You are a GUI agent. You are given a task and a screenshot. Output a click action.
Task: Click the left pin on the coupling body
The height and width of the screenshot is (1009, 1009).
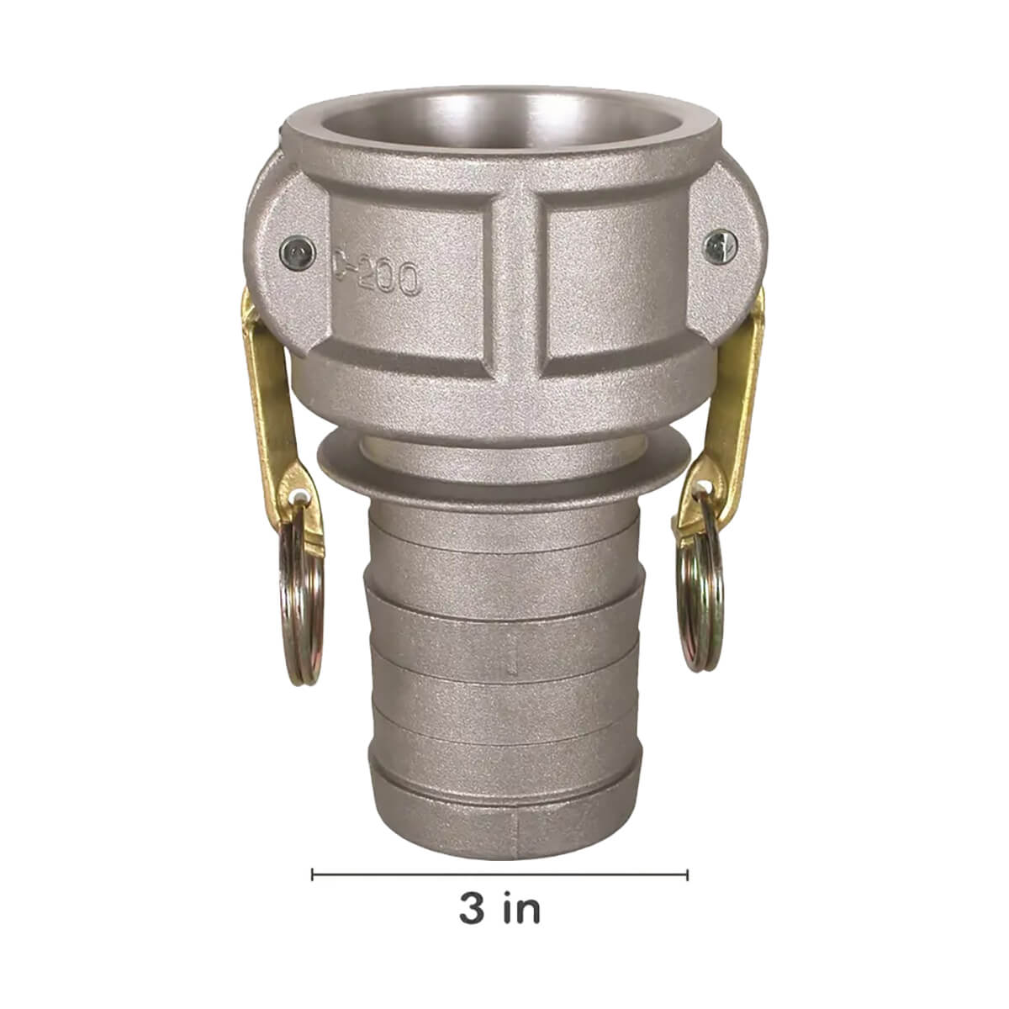coord(298,253)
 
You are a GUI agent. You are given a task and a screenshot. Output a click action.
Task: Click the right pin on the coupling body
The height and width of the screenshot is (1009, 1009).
coord(721,246)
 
